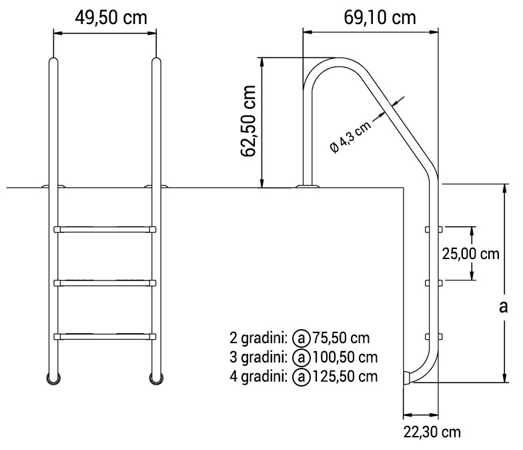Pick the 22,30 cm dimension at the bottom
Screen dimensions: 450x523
[x=432, y=432]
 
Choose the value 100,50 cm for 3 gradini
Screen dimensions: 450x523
[x=345, y=357]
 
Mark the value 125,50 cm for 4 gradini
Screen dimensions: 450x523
[x=345, y=377]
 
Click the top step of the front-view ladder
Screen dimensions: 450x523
[x=105, y=230]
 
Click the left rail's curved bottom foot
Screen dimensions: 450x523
[x=52, y=379]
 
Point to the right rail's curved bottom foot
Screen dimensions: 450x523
[x=156, y=379]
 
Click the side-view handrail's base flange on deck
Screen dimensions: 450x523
[x=308, y=186]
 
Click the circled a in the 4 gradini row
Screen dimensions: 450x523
[x=301, y=377]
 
